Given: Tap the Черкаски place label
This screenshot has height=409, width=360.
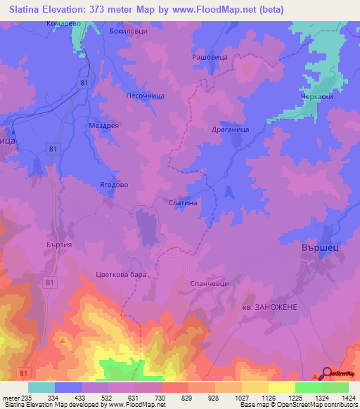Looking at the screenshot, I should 316,98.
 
